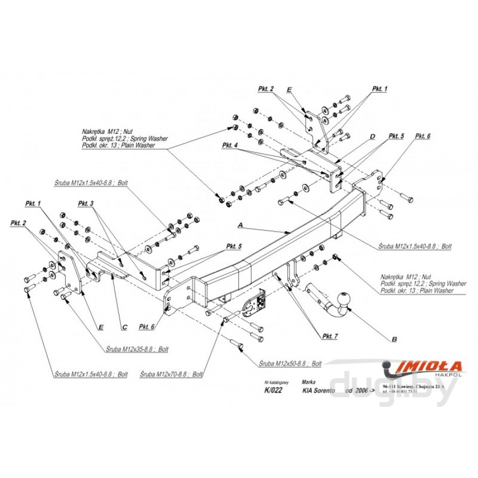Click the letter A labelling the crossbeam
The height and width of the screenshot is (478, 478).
point(240,226)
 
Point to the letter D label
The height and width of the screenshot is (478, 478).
point(372,136)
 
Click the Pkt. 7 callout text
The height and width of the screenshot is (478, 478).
point(330,336)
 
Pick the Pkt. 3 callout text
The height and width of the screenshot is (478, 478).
point(86,203)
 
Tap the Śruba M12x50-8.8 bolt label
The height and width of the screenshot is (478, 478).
point(291,364)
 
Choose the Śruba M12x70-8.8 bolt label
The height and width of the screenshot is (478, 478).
point(172,374)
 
